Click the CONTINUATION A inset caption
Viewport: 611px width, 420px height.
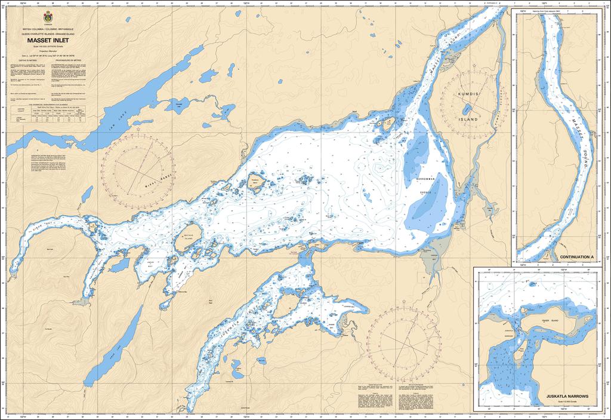tap(577, 257)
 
